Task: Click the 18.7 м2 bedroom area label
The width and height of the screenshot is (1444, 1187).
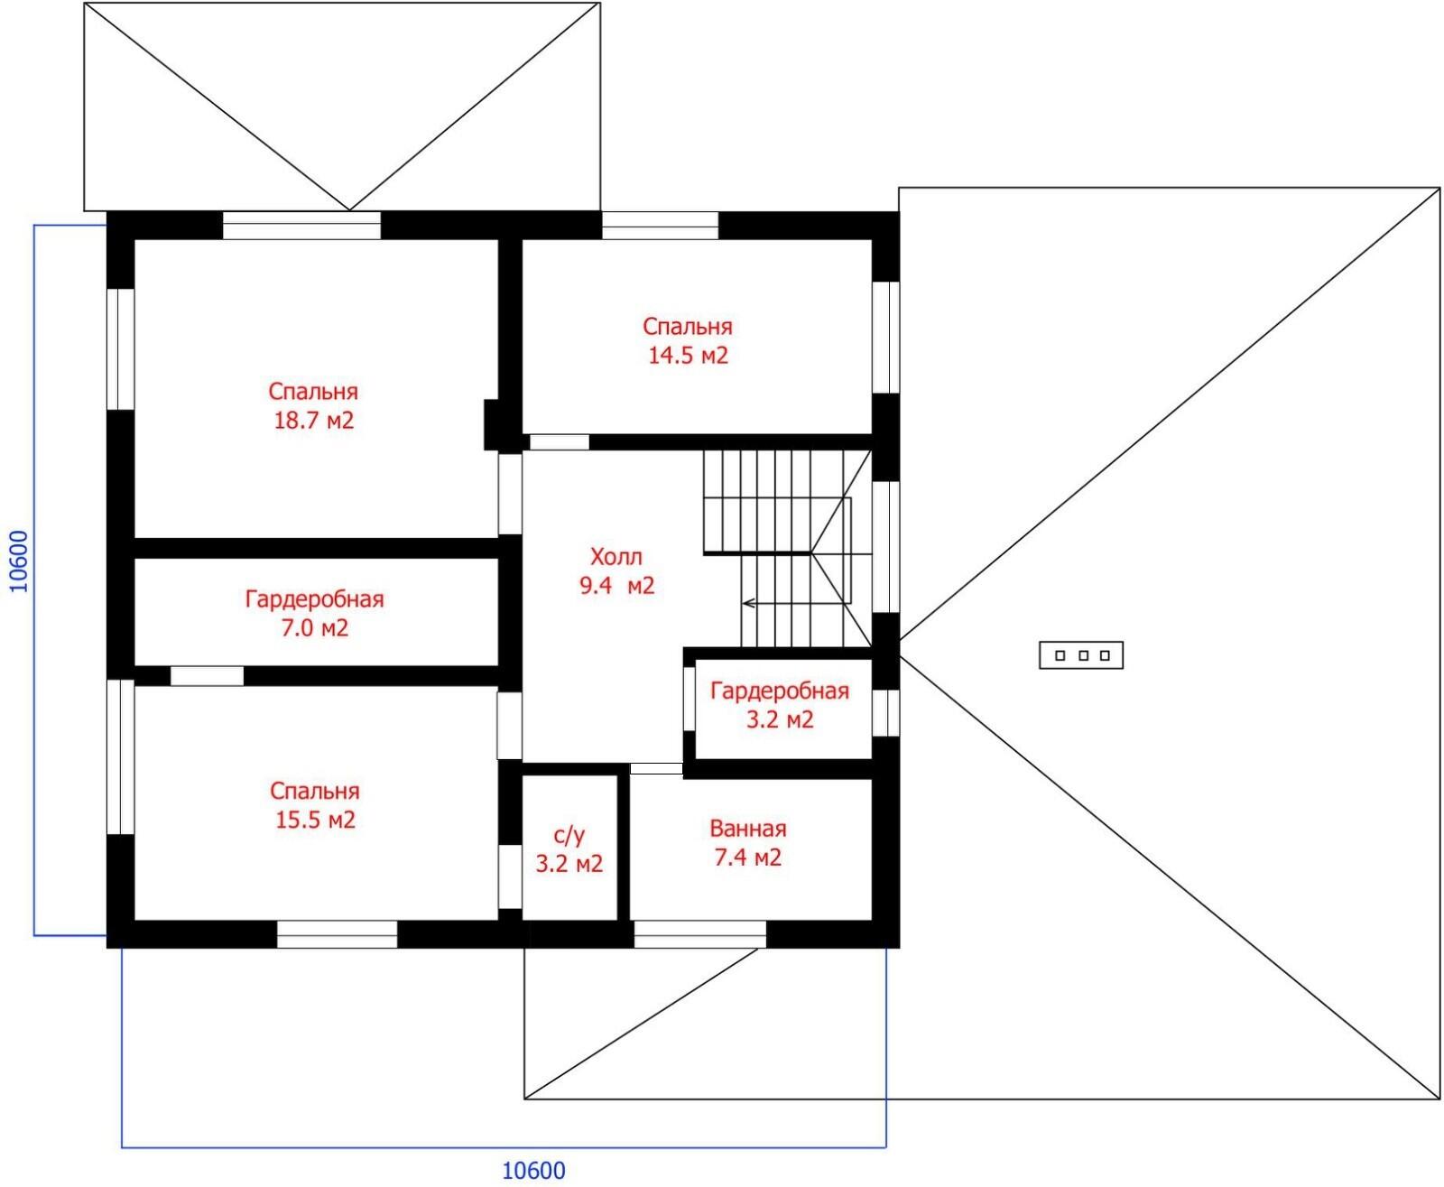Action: click(x=313, y=420)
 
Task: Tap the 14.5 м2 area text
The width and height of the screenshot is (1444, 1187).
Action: click(x=688, y=356)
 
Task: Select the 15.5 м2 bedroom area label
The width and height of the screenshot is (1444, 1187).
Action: click(x=315, y=820)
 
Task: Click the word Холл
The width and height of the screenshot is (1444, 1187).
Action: click(x=616, y=557)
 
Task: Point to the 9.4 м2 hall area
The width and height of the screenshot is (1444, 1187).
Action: click(x=617, y=586)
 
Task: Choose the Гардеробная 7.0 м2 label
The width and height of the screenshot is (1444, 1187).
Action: click(x=314, y=613)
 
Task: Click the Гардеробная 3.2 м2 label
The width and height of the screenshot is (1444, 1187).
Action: click(x=780, y=705)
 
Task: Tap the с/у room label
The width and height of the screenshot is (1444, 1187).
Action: click(x=569, y=836)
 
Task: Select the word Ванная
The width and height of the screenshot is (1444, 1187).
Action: click(x=747, y=829)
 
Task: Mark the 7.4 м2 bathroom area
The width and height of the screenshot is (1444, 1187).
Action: click(x=747, y=858)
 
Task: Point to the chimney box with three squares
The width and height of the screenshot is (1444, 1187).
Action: click(x=1081, y=655)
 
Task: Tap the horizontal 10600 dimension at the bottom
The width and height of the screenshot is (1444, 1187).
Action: click(x=534, y=1171)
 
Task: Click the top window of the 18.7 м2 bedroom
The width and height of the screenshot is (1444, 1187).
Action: click(x=302, y=226)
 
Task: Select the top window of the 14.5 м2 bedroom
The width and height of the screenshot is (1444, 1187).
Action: click(x=660, y=226)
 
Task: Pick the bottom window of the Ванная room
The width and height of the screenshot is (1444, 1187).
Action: click(x=699, y=934)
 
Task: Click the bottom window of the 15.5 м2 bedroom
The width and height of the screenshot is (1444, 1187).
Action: click(x=337, y=934)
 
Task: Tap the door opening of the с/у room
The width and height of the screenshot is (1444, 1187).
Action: click(x=509, y=876)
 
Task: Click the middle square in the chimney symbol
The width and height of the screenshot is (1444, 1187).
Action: click(x=1082, y=655)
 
